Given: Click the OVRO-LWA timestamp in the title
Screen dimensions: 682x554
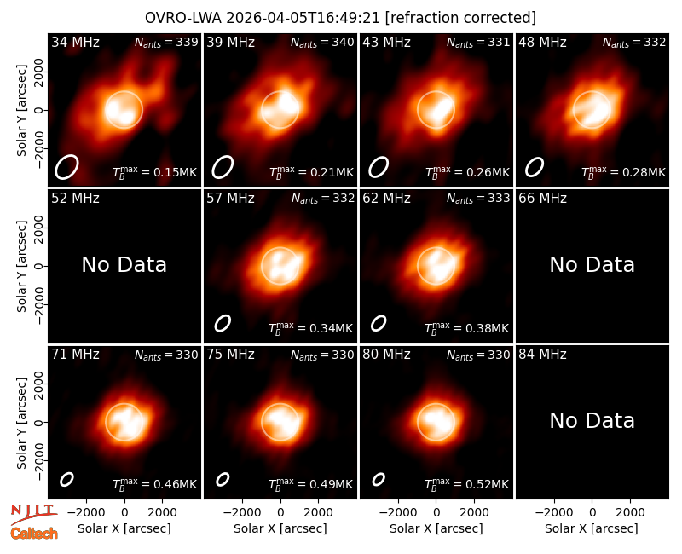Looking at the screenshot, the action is (303, 18).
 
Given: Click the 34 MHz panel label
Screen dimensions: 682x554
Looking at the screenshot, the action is (75, 42).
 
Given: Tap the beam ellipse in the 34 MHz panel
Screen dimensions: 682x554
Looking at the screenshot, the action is (66, 167).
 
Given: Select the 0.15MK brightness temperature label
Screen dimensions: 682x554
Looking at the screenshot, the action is (155, 172).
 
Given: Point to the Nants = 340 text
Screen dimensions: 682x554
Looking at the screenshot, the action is (322, 42).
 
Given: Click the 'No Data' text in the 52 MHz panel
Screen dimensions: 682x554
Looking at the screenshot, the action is (124, 264).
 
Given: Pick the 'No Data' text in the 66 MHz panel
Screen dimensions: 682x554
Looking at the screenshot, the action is (592, 264).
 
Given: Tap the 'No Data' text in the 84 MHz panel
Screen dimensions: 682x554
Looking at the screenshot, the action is (592, 420).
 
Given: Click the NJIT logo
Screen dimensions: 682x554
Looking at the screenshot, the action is (34, 513).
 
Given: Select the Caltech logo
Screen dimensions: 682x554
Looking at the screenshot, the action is (34, 534).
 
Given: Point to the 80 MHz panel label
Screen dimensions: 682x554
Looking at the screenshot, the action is (386, 355).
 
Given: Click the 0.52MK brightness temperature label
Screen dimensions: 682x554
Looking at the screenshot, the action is (466, 484).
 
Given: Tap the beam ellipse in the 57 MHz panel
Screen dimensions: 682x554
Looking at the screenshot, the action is (223, 323).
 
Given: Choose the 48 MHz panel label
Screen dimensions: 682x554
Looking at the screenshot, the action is (542, 42).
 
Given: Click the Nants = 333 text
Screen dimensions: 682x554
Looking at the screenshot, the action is (478, 199).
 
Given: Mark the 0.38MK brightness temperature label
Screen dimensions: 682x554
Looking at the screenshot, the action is (466, 328).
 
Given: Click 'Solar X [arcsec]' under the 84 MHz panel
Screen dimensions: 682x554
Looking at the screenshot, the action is (592, 528).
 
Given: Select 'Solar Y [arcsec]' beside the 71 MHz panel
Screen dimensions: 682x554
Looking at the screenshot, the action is (22, 423).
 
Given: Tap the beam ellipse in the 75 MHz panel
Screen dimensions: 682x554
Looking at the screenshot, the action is (223, 479).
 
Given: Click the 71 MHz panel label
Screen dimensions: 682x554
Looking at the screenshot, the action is (75, 355).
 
